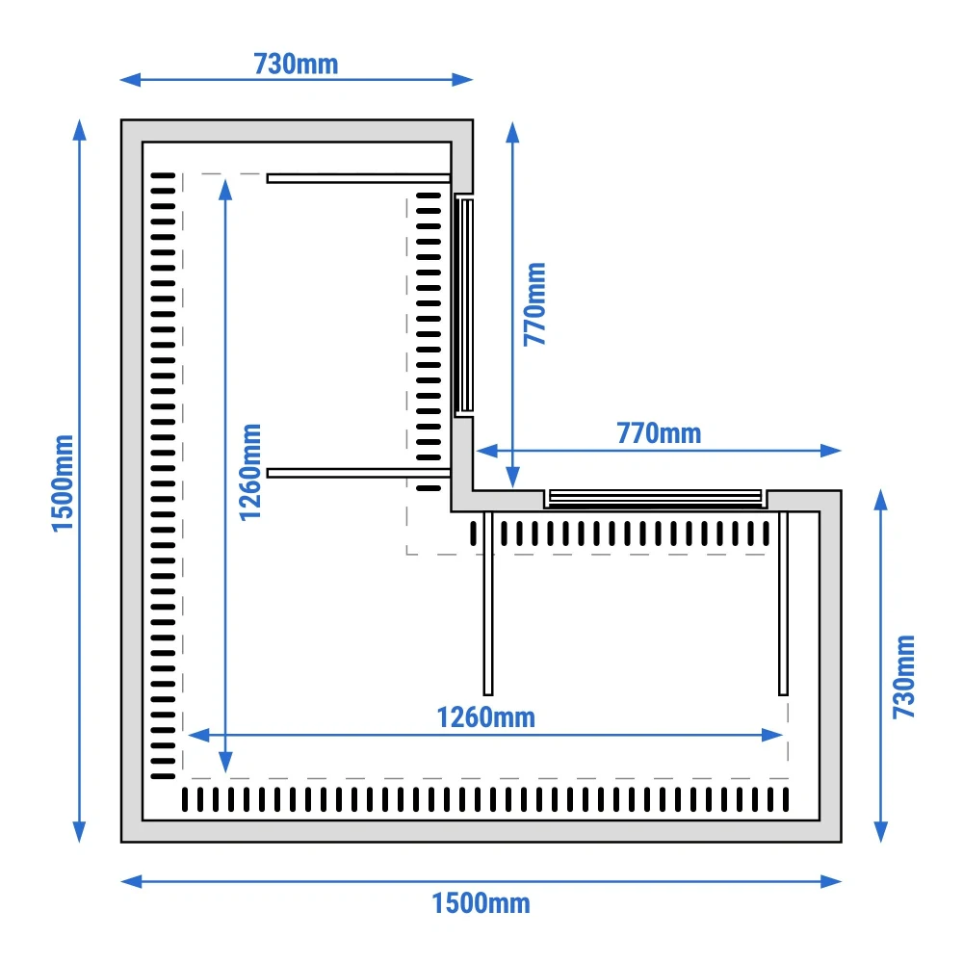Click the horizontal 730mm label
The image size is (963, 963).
(296, 64)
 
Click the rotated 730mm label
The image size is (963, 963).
(903, 676)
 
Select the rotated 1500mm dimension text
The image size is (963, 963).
(63, 483)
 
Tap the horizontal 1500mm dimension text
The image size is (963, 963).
(481, 903)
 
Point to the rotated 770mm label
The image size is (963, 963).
(534, 304)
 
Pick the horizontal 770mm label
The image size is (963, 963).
(659, 433)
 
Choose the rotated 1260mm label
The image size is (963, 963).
(250, 472)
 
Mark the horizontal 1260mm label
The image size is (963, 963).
(485, 717)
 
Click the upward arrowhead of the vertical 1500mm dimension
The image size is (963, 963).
(79, 130)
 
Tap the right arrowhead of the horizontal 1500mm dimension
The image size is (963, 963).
(831, 882)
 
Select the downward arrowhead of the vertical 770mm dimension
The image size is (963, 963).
(513, 478)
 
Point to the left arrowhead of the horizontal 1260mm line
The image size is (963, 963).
(198, 735)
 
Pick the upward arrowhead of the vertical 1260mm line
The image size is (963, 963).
(225, 190)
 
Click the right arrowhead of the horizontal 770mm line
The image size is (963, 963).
(831, 451)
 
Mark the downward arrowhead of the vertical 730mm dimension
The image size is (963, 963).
(881, 832)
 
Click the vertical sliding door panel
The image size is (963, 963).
(464, 305)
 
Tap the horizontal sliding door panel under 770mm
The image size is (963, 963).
(655, 498)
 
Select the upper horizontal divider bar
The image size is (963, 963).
(358, 179)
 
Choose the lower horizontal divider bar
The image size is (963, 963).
(358, 473)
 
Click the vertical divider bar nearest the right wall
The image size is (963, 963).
(783, 603)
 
